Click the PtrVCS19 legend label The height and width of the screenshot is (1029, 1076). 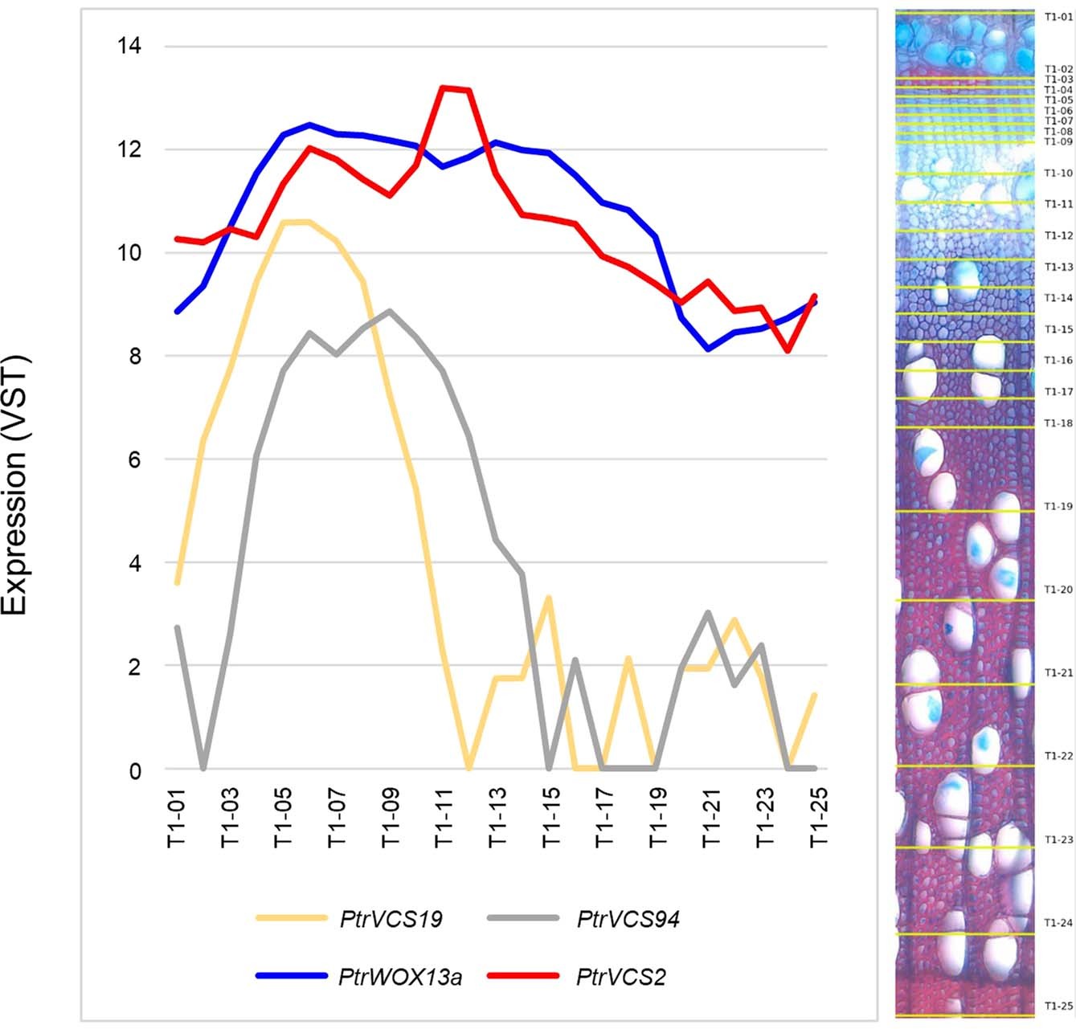[391, 919]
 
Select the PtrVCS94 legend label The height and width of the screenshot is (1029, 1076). [628, 919]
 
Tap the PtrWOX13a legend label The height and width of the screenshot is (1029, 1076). [400, 977]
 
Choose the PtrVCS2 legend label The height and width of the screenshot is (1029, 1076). [620, 977]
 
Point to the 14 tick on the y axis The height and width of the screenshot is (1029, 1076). [129, 46]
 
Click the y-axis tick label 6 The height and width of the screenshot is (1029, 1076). [134, 459]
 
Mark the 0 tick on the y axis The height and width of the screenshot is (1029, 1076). [134, 770]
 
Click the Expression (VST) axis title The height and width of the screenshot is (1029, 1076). [15, 484]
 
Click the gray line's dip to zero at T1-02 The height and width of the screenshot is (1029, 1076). [203, 768]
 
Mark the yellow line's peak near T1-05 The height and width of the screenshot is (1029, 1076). [296, 222]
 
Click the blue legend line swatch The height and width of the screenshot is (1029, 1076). [291, 976]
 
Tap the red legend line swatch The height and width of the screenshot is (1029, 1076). [522, 976]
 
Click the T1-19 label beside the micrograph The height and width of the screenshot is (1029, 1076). [1058, 507]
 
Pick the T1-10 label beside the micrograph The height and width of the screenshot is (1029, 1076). [1058, 174]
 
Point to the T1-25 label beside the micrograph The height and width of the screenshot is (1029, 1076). [1058, 1006]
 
